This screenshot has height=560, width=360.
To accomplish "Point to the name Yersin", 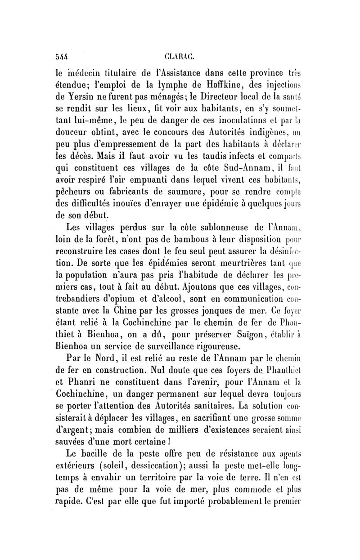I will click(88, 96).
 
